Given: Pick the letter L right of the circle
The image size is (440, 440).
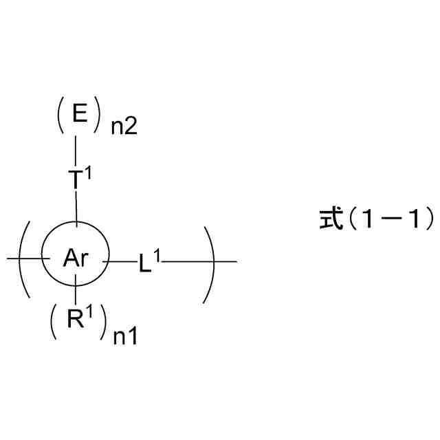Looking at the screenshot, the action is pos(144,264).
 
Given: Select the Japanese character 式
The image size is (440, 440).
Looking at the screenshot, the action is pos(331,220).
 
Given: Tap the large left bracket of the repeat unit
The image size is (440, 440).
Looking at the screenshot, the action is pos(24,260).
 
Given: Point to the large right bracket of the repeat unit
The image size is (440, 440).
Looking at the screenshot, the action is pos(209,261).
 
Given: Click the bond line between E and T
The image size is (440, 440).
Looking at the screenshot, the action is pos(76,148).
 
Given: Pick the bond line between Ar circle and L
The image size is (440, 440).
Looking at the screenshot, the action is pos(122,261).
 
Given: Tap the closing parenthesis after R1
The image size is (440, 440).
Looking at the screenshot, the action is pos(103,322).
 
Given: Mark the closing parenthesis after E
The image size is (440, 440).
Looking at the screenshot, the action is pos(102,115).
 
